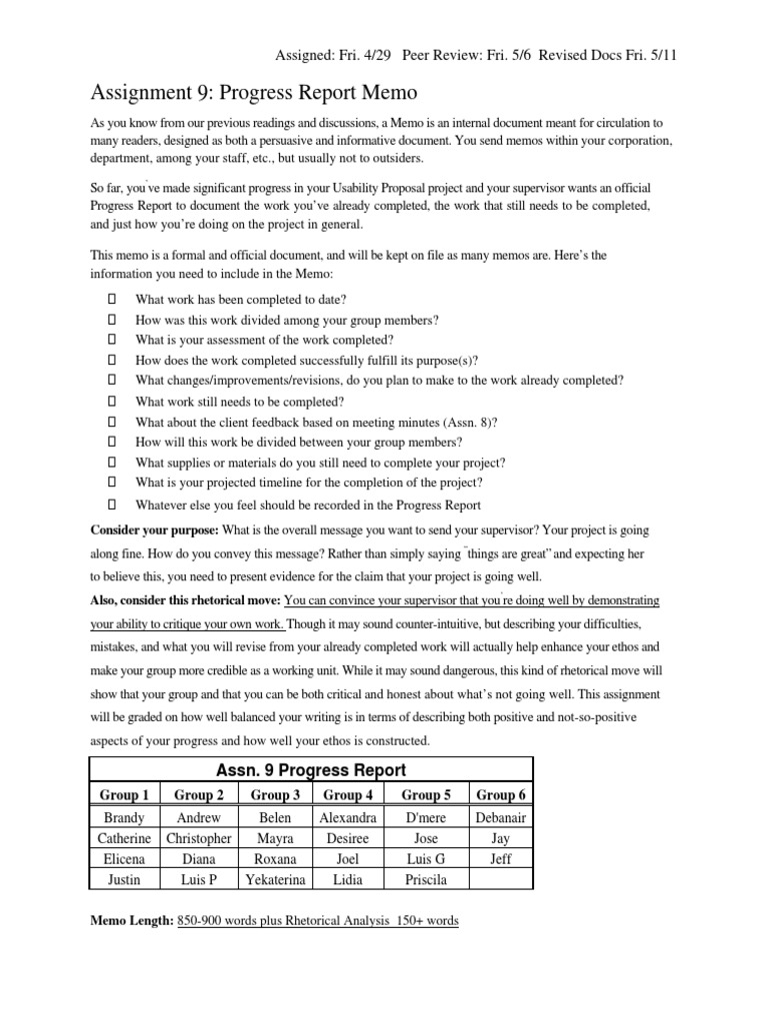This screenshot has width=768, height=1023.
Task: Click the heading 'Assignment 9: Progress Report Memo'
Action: coord(254,93)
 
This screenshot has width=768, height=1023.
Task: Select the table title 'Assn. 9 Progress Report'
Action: coord(311,770)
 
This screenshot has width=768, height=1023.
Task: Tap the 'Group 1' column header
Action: coord(125,795)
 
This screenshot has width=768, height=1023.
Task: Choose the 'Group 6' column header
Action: coord(501,795)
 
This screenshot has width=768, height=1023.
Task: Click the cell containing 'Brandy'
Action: coord(125,817)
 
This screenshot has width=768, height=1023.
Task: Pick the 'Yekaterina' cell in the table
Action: coord(276,879)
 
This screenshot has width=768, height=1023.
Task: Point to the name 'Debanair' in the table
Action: coord(501,817)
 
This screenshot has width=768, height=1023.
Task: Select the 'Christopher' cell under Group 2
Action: coord(199,838)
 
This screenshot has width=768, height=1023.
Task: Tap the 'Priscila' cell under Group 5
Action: coord(426,879)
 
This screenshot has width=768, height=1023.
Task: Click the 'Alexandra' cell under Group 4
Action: coord(347,817)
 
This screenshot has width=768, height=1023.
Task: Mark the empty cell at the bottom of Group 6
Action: coord(501,879)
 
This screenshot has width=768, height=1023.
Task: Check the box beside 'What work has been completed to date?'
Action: coord(113,299)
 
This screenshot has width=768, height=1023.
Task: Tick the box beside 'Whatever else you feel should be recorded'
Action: coord(113,505)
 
